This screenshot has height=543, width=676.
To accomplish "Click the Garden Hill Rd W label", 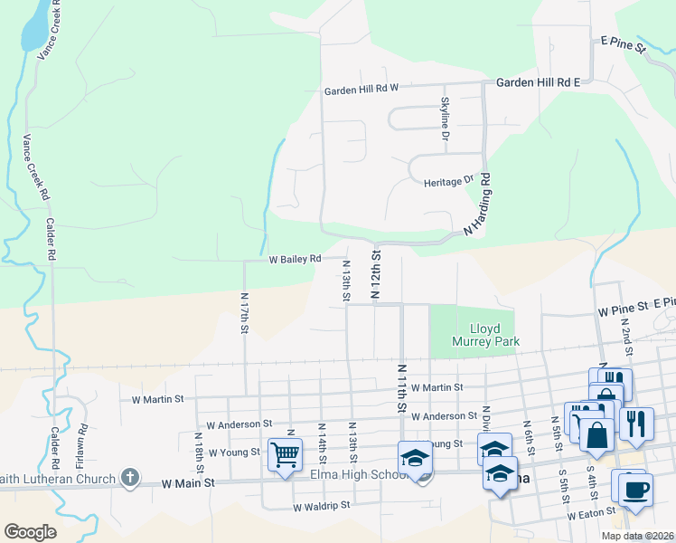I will point(361,90).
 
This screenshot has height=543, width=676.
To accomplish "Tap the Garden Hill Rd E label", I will point(537,82).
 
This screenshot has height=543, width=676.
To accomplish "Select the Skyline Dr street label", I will point(445,119).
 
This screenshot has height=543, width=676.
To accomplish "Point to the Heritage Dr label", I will point(448,182).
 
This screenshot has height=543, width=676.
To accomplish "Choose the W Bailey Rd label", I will point(295,259).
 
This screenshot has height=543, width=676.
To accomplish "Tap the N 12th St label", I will point(374,276).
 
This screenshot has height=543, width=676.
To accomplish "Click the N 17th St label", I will point(244,312).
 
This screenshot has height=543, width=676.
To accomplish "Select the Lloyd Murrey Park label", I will point(482,336).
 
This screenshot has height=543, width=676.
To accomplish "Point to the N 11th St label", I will point(399,388).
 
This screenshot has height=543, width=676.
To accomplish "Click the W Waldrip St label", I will point(321,507).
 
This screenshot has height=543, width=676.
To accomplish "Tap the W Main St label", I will point(188,483).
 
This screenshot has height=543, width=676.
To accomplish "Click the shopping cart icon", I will point(285,453).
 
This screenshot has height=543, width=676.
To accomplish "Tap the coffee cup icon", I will point(635,490).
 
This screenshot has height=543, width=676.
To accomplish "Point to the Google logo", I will point(30,532).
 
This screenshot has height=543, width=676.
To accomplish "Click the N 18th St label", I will point(199,447).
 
